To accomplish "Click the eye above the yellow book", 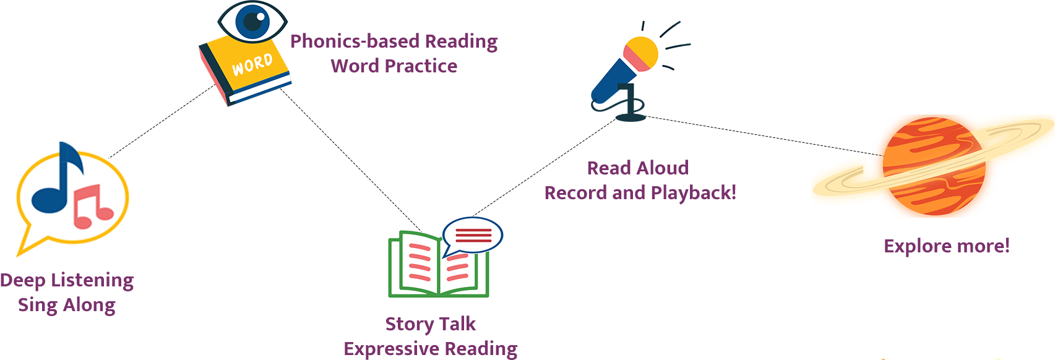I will [252, 21].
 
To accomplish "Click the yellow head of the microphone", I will [641, 53].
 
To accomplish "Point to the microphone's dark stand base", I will [631, 116].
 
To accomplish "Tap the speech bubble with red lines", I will [473, 235].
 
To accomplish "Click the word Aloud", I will [663, 168].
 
